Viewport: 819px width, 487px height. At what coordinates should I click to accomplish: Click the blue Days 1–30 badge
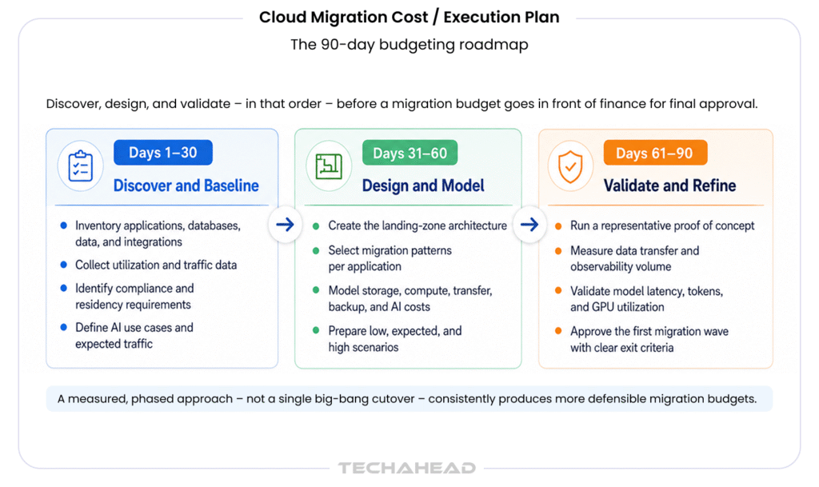tap(163, 153)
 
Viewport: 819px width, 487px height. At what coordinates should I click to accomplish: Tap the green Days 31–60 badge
tap(410, 153)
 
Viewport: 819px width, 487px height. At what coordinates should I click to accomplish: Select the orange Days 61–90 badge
tap(655, 153)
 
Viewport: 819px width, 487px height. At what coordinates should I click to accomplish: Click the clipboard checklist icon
tap(81, 166)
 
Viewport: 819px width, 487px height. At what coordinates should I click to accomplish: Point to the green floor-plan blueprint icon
tap(329, 166)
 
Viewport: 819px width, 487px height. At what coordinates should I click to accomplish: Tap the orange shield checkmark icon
tap(570, 166)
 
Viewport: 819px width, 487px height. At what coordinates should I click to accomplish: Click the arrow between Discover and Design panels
tap(286, 225)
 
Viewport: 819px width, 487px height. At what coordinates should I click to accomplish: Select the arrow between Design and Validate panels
tap(529, 225)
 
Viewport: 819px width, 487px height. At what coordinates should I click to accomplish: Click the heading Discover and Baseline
tap(186, 186)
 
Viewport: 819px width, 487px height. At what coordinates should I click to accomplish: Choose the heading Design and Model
tap(423, 186)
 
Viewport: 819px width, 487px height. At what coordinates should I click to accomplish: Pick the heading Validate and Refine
tap(669, 186)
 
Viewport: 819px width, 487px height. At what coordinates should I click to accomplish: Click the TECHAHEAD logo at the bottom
tap(407, 468)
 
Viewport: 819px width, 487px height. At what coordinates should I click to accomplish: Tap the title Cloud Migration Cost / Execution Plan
tap(409, 18)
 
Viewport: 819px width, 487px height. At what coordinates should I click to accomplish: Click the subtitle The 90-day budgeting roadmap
tap(409, 44)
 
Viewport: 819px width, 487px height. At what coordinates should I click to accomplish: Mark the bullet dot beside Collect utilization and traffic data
tap(64, 265)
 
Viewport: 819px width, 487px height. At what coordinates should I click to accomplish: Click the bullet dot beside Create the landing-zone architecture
tap(316, 226)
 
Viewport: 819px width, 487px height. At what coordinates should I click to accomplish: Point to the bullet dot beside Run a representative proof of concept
tap(558, 226)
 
